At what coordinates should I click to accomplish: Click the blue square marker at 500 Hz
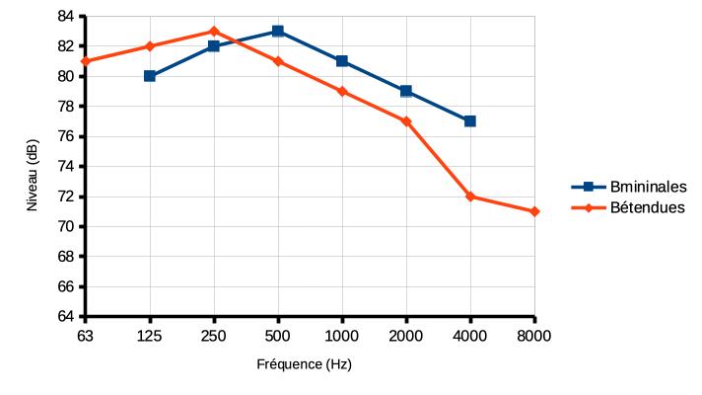coord(278,31)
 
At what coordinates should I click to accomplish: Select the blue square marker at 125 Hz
coord(150,76)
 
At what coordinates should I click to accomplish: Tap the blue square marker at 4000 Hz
coord(470,120)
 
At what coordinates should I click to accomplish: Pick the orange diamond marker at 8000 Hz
coord(534,211)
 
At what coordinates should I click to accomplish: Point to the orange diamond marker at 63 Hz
coord(86,61)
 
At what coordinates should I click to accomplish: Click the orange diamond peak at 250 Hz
coord(214,31)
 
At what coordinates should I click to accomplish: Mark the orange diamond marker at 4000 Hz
coord(470,197)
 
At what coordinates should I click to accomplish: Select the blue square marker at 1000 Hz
coord(342,61)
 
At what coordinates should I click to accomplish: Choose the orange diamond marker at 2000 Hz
coord(406,121)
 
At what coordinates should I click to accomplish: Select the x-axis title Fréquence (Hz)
coord(311,363)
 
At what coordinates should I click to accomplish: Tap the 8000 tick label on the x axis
coord(534,335)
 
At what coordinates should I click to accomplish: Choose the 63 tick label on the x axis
coord(86,335)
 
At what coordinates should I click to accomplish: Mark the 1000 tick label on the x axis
coord(342,335)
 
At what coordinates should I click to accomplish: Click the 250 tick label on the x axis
coord(214,335)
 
